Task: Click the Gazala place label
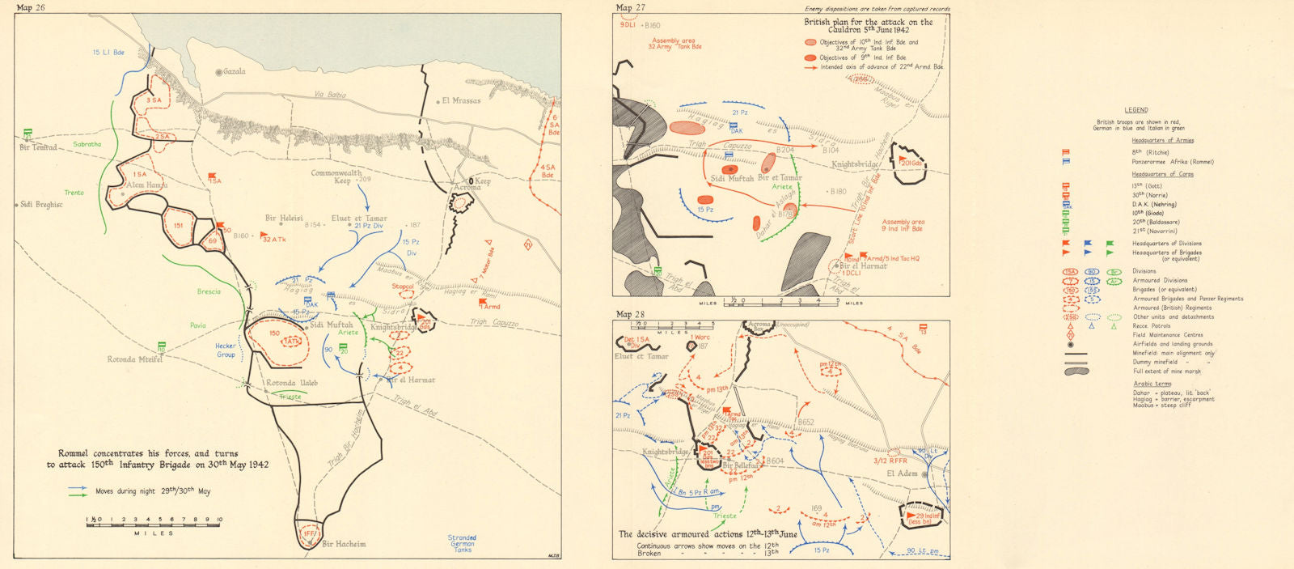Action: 233,72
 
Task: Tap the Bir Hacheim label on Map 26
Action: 344,544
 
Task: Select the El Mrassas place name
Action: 461,101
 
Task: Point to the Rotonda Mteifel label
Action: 135,359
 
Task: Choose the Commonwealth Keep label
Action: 336,176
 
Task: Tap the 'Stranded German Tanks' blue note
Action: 462,543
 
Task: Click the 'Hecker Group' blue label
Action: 226,350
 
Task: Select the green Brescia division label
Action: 208,291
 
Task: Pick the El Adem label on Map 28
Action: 902,473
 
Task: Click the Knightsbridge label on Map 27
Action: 856,164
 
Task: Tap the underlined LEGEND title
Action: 1135,110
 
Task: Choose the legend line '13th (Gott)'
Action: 1149,186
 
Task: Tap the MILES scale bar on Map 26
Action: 154,524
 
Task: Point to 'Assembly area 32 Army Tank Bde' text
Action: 674,44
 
